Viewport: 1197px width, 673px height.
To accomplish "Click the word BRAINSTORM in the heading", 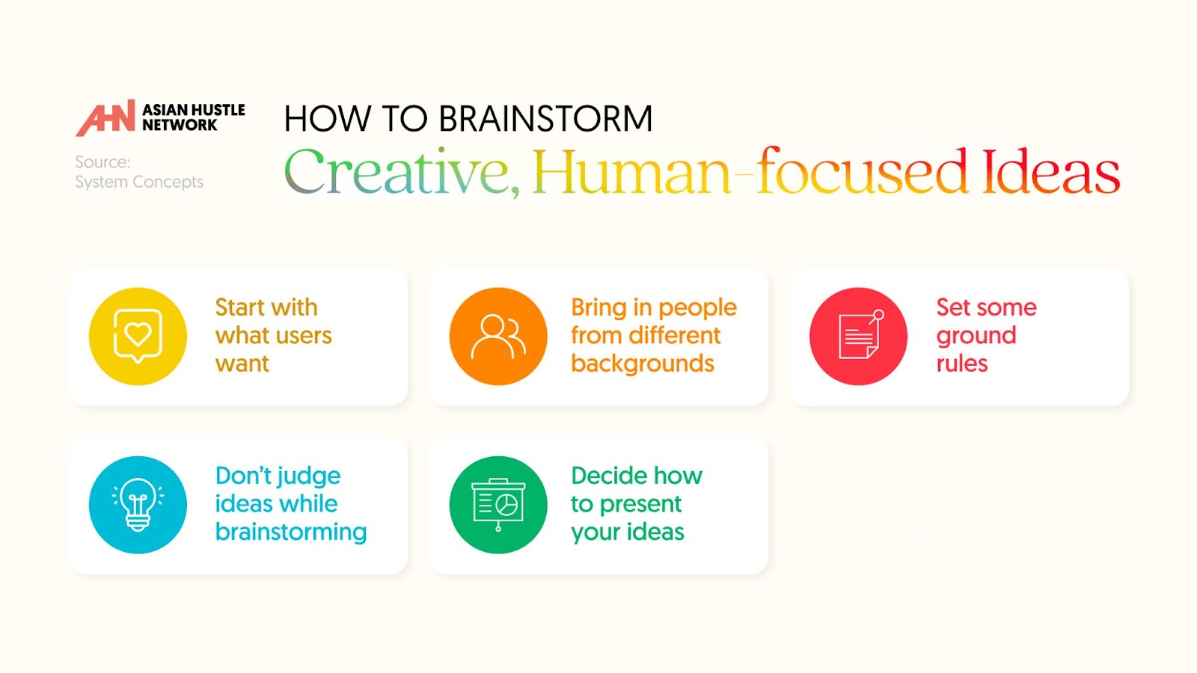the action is point(545,118).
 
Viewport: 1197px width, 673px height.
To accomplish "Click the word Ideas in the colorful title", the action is point(1050,170).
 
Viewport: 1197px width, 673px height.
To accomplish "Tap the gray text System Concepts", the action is point(139,182).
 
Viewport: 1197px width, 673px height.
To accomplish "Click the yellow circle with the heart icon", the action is point(138,336).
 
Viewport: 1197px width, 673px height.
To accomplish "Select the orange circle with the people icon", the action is point(498,336).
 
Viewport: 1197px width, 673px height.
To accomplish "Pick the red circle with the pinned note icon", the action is point(858,336).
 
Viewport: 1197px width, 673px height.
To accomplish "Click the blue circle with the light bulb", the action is point(138,505).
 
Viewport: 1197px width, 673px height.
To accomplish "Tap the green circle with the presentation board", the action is point(498,505).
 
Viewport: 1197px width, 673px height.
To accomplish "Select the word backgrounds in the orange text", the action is point(643,363).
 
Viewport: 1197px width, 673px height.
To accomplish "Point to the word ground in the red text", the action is point(976,337).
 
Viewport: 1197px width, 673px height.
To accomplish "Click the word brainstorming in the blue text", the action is point(291,532).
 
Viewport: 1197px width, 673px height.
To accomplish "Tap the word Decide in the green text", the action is point(601,476).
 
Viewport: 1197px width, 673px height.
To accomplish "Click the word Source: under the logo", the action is point(102,162).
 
